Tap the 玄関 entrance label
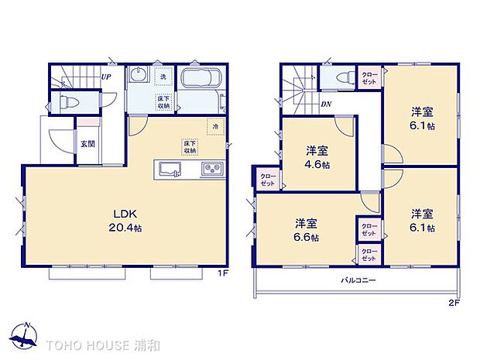(x=87, y=143)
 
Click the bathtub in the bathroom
(x=202, y=81)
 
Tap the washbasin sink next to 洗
(x=140, y=77)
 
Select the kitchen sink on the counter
(x=170, y=169)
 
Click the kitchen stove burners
(x=211, y=169)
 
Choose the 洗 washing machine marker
(x=163, y=77)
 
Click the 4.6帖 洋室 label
(x=317, y=157)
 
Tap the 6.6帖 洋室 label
(x=307, y=231)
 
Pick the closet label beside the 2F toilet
(x=369, y=78)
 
